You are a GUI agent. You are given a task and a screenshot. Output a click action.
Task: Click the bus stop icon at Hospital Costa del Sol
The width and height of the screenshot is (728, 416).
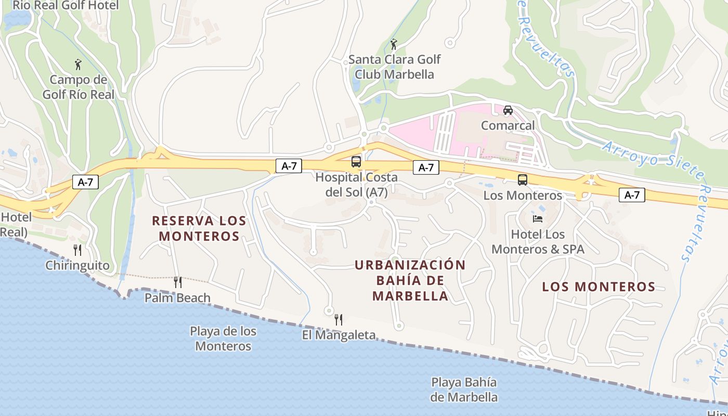click(x=356, y=162)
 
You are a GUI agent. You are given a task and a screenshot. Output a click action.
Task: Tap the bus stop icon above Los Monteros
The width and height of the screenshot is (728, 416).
click(x=523, y=180)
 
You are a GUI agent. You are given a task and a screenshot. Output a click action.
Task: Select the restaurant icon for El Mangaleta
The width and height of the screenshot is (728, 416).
click(x=339, y=319)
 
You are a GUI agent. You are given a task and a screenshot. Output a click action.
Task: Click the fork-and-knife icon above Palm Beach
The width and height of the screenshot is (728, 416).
click(x=178, y=282)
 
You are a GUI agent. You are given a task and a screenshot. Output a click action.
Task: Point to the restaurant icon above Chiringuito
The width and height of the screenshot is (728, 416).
click(x=77, y=250)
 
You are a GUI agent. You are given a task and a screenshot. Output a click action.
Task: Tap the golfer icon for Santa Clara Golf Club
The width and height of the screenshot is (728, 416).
click(x=394, y=44)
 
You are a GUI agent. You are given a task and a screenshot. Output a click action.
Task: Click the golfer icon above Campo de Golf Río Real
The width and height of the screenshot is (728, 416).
click(x=78, y=64)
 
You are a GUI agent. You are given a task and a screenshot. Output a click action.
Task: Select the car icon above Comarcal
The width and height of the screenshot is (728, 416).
click(x=508, y=110)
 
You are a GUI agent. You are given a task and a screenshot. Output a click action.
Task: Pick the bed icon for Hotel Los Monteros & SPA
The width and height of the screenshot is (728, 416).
click(x=538, y=218)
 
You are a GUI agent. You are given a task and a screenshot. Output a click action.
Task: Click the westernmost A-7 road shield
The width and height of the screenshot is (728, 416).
click(x=85, y=182)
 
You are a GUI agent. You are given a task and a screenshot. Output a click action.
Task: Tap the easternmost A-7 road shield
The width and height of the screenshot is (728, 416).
click(x=632, y=195)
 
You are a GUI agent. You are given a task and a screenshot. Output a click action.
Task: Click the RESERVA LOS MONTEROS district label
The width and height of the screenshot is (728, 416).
click(x=199, y=228)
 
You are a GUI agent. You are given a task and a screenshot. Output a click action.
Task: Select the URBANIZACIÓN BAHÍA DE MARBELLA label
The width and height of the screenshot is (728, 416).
click(x=410, y=280)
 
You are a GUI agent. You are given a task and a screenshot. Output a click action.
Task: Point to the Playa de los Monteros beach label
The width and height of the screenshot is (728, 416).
click(x=223, y=339)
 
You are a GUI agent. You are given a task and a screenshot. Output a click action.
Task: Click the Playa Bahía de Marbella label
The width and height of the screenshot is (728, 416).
click(x=464, y=390)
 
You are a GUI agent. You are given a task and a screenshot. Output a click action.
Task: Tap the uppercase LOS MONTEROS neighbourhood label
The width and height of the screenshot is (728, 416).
click(x=599, y=287)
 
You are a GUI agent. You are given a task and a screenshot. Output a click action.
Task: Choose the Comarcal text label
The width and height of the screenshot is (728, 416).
click(x=508, y=125)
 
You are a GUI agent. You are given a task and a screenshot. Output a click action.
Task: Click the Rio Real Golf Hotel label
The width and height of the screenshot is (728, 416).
click(x=66, y=5)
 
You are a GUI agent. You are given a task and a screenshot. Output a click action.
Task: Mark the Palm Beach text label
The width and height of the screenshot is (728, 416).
click(x=177, y=298)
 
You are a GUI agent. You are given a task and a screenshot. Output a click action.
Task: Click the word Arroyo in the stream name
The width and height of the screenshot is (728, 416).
click(x=623, y=151)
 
